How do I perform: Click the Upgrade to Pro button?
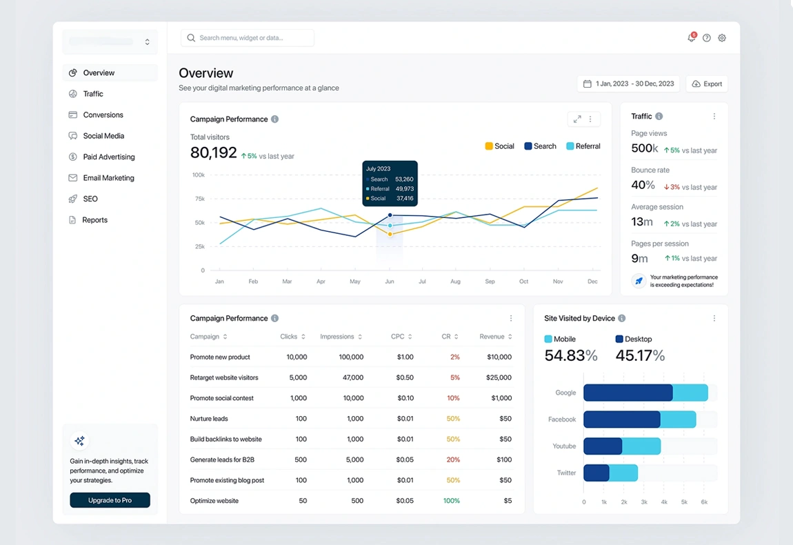tap(110, 500)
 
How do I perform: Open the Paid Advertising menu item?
tap(108, 157)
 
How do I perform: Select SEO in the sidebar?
tap(90, 199)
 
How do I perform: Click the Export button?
tap(707, 84)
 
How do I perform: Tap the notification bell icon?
tap(691, 38)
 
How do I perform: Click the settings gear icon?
tap(722, 38)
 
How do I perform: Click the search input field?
tap(248, 38)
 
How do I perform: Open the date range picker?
tap(628, 84)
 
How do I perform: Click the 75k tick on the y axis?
tap(199, 199)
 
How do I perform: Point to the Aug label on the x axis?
tap(455, 281)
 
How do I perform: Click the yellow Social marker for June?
tap(390, 235)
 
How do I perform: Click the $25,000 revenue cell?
tap(498, 377)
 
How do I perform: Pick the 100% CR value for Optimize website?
tap(452, 501)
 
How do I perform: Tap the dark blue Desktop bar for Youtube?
tap(603, 446)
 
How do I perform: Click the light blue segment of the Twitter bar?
tap(623, 473)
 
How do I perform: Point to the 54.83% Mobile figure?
tap(570, 356)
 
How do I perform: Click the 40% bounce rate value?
tap(643, 185)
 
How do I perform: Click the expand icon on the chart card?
tap(577, 119)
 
